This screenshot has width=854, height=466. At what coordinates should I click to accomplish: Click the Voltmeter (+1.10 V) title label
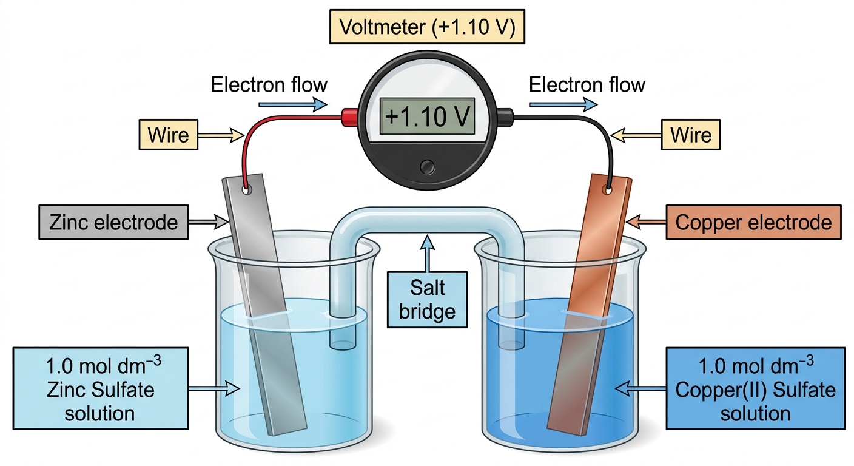point(427,27)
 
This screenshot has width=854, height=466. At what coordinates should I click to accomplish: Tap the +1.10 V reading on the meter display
point(427,116)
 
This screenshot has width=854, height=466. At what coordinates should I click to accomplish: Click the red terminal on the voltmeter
point(349,116)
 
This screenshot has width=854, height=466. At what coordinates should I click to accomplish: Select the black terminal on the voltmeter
point(505,116)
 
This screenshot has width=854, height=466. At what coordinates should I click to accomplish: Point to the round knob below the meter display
point(427,167)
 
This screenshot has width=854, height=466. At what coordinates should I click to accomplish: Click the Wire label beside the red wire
point(168,135)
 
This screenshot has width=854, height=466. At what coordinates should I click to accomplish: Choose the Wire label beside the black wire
point(690,135)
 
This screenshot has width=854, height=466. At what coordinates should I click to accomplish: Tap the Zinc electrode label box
point(113,222)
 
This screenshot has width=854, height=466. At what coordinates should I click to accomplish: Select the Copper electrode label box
point(753,222)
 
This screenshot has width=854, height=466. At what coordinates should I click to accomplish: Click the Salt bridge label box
point(427,299)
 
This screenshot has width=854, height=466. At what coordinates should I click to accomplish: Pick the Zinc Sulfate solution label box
point(101,388)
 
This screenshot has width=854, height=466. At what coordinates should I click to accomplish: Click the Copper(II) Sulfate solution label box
point(755,388)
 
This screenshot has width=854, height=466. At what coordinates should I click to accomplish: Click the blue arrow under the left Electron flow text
point(293,104)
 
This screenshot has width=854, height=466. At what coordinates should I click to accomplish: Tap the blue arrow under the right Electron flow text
point(563,104)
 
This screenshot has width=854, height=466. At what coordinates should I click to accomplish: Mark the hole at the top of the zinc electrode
point(247,189)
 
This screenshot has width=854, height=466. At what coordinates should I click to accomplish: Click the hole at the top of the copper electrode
point(608,189)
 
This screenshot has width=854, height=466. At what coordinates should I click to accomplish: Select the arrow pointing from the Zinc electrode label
point(209,221)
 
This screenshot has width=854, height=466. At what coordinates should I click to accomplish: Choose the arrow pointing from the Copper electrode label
point(646,221)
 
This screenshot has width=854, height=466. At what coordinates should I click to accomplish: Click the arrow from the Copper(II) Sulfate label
point(640,388)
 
